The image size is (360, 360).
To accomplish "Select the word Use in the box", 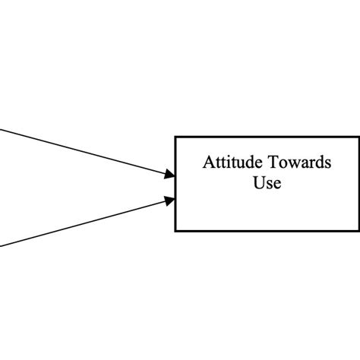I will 267,183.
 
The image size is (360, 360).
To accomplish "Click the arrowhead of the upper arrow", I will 170,176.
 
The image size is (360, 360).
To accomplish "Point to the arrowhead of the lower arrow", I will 170,201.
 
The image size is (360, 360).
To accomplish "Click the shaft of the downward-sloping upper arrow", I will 84,153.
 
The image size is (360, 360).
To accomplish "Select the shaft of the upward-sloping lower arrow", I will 84,223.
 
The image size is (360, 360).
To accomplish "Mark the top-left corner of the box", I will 176,137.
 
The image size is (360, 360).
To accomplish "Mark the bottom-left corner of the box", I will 176,230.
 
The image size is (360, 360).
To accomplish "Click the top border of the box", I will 266,137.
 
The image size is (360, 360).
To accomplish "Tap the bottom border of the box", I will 266,230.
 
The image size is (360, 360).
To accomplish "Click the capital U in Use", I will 257,183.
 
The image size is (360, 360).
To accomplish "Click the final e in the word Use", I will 276,185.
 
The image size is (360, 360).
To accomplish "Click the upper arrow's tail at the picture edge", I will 2,130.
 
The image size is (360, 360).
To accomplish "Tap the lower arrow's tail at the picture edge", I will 2,245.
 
